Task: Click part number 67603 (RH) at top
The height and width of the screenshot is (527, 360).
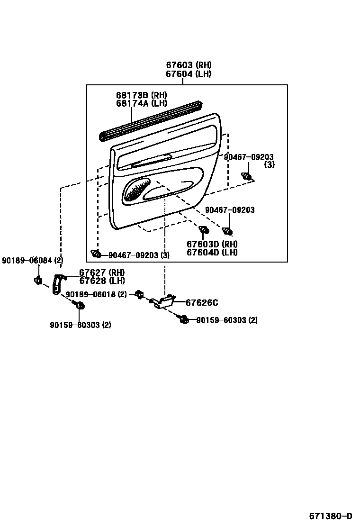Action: point(188,65)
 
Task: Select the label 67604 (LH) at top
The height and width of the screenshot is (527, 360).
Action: point(188,74)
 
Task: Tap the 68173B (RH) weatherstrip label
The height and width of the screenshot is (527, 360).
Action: point(142,95)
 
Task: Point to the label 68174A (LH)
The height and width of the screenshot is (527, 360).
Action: point(142,103)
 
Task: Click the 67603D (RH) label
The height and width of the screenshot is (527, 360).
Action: point(212,244)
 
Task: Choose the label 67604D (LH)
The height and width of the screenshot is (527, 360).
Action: point(212,252)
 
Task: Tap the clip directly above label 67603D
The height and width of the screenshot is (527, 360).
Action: point(204,230)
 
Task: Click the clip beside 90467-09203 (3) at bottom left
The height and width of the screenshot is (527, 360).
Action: point(97,254)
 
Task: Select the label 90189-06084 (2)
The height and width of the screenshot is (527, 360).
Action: point(32,260)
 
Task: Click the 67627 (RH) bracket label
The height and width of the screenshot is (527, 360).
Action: point(101,273)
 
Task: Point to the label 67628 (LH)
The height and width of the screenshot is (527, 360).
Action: point(101,281)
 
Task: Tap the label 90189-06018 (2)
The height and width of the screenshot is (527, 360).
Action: point(96,294)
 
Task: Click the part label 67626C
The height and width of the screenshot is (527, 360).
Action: point(201,303)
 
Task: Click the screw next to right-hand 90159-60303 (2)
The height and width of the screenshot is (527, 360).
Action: point(184,320)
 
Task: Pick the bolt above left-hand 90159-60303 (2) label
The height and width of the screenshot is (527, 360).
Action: point(80,306)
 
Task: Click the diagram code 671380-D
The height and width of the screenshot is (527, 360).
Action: point(331,516)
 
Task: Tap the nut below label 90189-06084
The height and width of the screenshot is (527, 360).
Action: point(37,281)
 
